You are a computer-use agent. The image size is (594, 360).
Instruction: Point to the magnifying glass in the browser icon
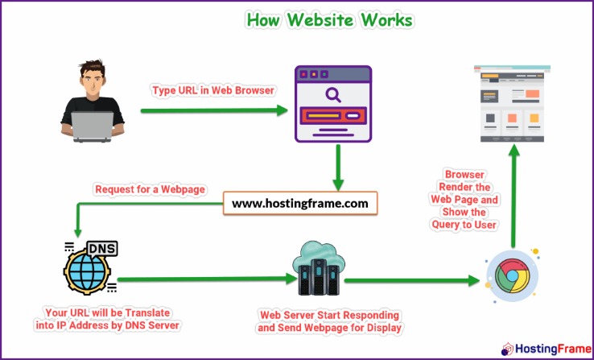coord(332,96)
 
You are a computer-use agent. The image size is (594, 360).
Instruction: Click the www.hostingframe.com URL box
coord(300,204)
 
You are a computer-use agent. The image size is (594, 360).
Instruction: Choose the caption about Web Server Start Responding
coord(328,321)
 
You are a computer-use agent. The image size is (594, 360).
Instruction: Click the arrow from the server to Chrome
coord(409,282)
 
